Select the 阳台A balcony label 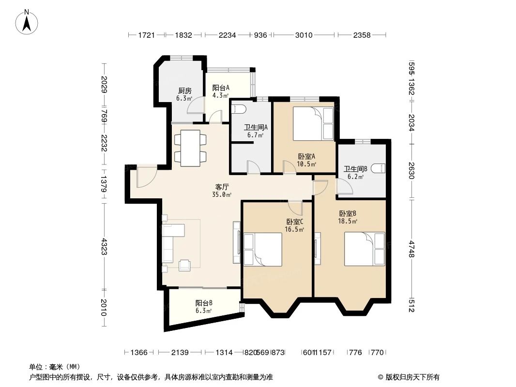point(221,91)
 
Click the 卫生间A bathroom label point(256,131)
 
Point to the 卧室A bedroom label point(306,160)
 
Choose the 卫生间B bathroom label point(356,173)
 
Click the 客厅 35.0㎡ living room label point(222,191)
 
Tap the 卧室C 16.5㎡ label point(294,225)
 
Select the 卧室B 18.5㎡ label point(348,217)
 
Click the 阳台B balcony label point(204,307)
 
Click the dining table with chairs point(190,148)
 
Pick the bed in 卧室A point(313,124)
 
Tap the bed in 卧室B point(364,249)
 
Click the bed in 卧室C point(263,250)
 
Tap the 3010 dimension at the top point(304,35)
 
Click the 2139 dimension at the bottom point(180,353)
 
